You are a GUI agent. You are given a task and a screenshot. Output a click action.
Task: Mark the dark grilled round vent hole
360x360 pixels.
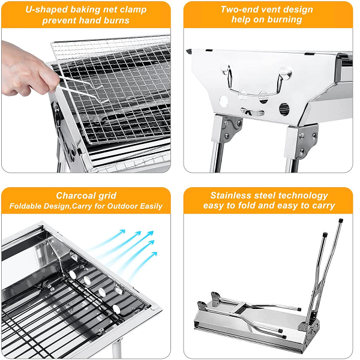coord(284,109)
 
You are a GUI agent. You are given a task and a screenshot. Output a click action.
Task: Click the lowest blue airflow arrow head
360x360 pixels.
coord(154,254)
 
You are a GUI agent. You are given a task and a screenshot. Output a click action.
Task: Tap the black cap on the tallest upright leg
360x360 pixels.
coord(341,221)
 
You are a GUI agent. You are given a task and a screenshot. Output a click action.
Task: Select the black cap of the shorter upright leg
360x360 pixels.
coord(325,235)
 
